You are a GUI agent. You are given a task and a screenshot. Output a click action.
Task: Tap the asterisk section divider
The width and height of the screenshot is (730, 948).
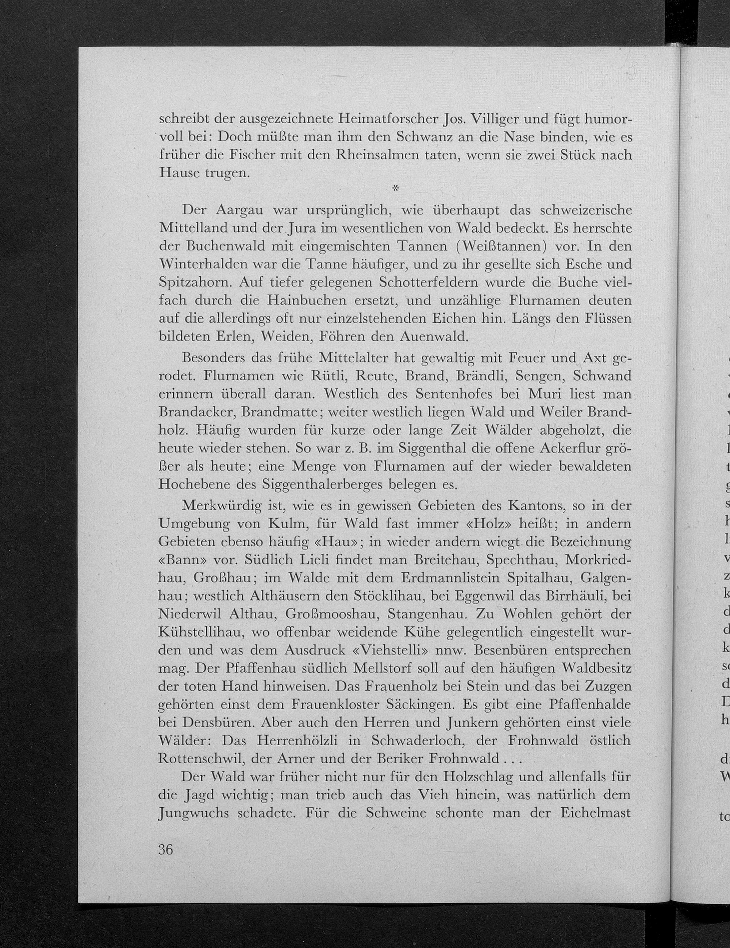(395, 189)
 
